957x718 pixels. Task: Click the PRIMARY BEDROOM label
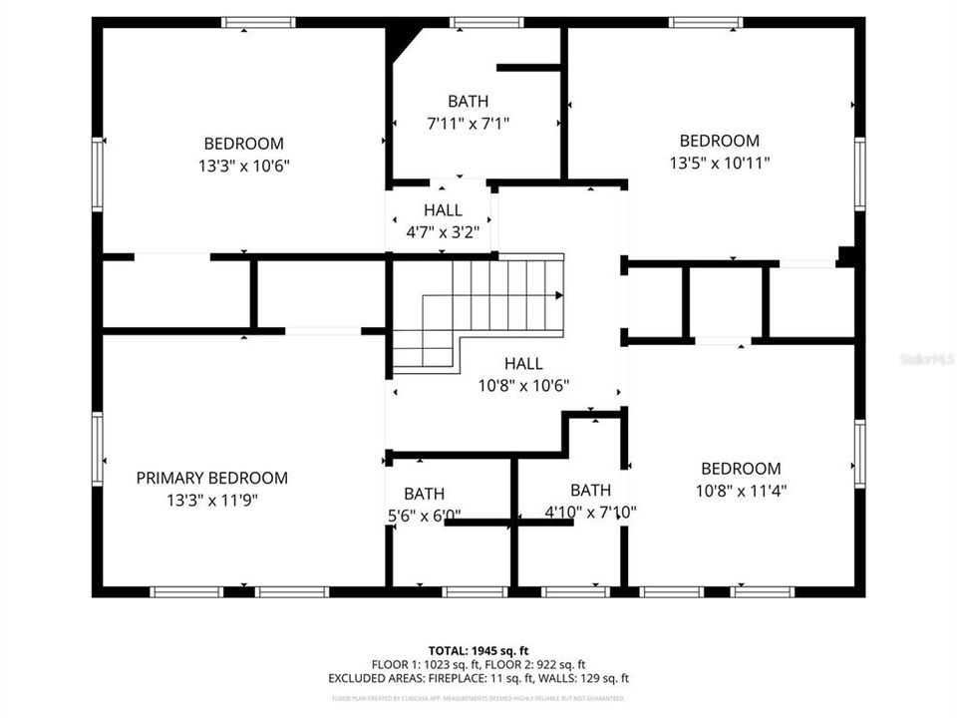tap(211, 478)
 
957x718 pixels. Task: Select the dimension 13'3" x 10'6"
tap(243, 166)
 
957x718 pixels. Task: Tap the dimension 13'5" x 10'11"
tap(720, 163)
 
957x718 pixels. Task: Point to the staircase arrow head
tap(559, 295)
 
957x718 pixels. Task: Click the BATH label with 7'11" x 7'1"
tap(468, 101)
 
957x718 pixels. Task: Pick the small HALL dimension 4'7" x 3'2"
tap(443, 232)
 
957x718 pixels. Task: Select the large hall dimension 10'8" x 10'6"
tap(523, 386)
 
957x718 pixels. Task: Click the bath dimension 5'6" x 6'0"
tap(425, 516)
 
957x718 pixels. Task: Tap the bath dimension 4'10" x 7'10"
tap(590, 513)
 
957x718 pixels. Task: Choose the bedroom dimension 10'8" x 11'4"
tap(741, 491)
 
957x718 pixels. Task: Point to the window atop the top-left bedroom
tap(258, 22)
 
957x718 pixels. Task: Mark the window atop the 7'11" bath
tap(486, 22)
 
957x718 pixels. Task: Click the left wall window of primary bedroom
tap(98, 450)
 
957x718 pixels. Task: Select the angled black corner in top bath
tap(401, 42)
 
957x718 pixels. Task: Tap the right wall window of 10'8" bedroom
tap(858, 454)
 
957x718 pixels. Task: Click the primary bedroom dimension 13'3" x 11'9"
tap(211, 501)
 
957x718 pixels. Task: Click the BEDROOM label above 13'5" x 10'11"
tap(719, 141)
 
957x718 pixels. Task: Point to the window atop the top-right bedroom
tap(706, 22)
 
